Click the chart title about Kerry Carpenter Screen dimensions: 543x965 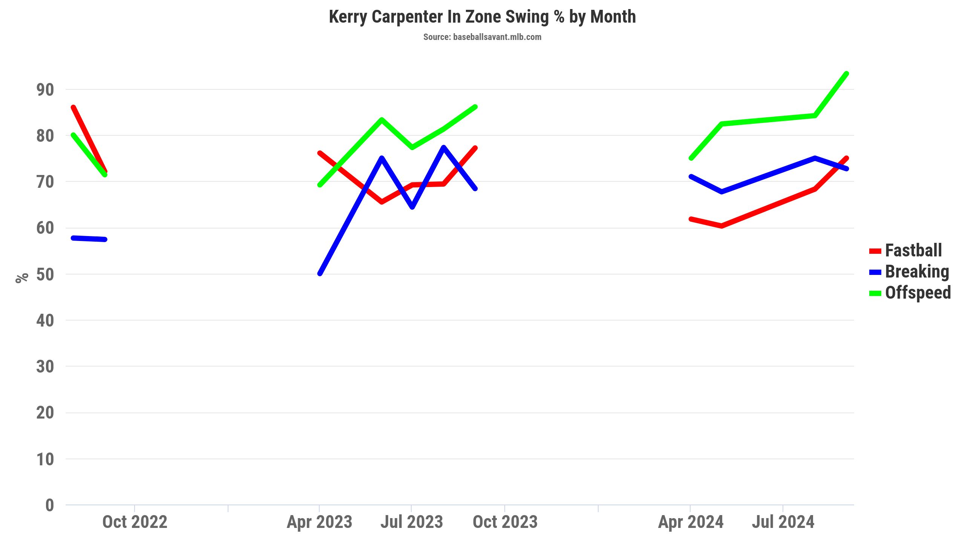coord(482,17)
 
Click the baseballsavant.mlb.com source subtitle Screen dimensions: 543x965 coord(482,37)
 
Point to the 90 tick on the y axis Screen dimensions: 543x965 coord(45,90)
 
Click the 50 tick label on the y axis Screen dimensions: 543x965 coord(45,275)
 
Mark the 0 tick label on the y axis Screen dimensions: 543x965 coord(49,505)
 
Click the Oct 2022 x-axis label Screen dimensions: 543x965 coord(135,522)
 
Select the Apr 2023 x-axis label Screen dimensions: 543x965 coord(319,522)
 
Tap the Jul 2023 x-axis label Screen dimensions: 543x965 coord(411,522)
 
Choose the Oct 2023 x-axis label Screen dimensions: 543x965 coord(505,522)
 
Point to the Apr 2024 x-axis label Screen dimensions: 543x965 coord(691,522)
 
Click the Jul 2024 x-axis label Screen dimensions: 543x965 coord(783,522)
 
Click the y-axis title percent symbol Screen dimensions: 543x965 coord(22,278)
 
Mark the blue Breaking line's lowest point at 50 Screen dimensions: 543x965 coord(320,273)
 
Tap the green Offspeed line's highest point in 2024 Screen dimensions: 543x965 coord(847,74)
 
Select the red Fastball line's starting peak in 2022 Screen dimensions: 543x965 coord(74,107)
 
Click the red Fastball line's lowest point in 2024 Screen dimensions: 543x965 coord(721,226)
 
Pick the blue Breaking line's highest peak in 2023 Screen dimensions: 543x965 coord(444,147)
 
